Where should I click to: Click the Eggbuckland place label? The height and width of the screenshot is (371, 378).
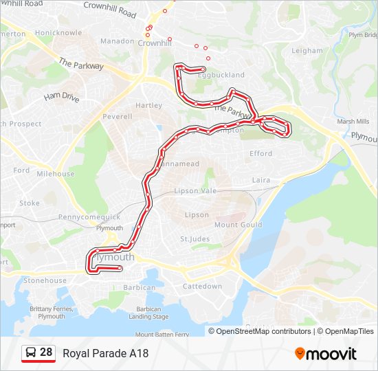coord(205,75)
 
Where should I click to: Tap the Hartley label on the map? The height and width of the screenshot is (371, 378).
coord(148,106)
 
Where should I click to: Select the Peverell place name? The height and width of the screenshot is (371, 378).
coord(117,117)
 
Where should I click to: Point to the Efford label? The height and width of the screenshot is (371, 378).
coord(261,154)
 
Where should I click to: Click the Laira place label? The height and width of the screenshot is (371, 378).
coord(261,180)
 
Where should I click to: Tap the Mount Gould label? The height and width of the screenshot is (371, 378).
coord(238,225)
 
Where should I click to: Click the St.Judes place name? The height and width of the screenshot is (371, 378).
coord(194,239)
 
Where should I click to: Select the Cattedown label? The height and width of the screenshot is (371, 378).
coord(203,286)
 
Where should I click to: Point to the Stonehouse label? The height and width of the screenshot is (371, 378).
coord(45,280)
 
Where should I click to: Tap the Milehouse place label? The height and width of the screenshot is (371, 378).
coord(56,174)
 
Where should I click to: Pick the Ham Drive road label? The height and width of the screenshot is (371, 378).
coord(62,97)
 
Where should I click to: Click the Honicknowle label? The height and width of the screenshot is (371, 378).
coord(59,33)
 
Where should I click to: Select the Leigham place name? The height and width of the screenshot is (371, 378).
coord(307,51)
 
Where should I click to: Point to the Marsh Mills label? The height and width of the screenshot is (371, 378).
coord(354,122)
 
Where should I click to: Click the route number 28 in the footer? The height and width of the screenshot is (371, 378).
coord(46,352)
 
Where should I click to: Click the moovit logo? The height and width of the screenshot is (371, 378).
coord(326,354)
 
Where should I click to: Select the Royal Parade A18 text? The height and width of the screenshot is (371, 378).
coord(105,354)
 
